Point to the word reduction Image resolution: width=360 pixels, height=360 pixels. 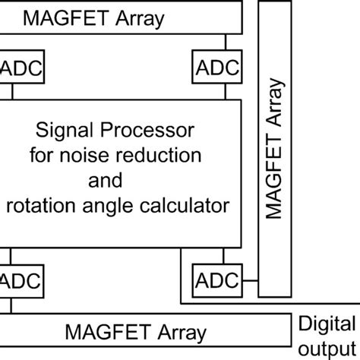pyautogui.click(x=160, y=155)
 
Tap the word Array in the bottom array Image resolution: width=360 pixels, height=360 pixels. pyautogui.click(x=178, y=333)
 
